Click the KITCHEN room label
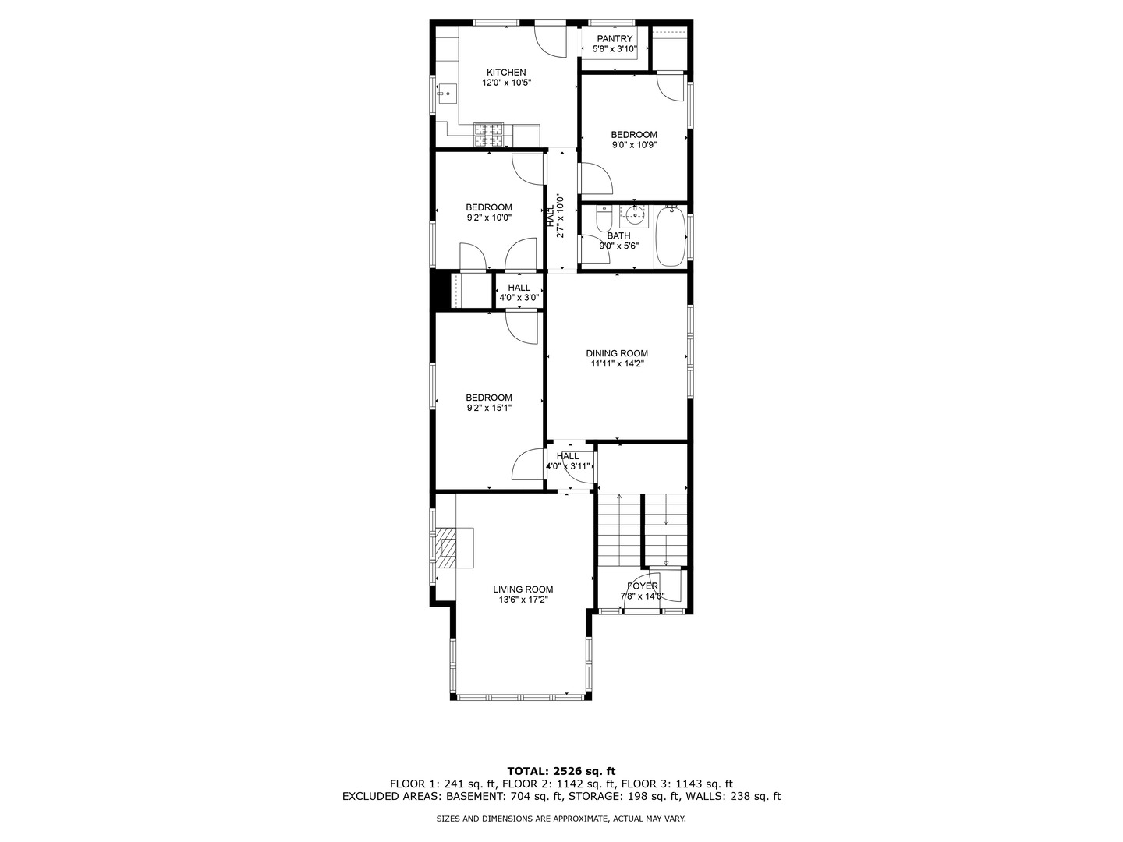pyautogui.click(x=506, y=73)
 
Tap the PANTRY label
pyautogui.click(x=615, y=39)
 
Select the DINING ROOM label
pyautogui.click(x=617, y=353)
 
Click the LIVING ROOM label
pyautogui.click(x=523, y=589)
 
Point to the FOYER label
pyautogui.click(x=642, y=586)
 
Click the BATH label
pyautogui.click(x=618, y=235)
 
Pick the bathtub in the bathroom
pyautogui.click(x=671, y=236)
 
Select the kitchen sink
pyautogui.click(x=447, y=94)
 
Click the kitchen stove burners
pyautogui.click(x=490, y=135)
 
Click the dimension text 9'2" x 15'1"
pyautogui.click(x=489, y=408)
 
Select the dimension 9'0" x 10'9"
pyautogui.click(x=633, y=144)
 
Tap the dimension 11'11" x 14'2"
pyautogui.click(x=617, y=363)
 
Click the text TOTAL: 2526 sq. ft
pyautogui.click(x=561, y=771)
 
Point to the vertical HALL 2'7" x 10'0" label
pyautogui.click(x=554, y=221)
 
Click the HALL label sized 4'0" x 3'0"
pyautogui.click(x=519, y=292)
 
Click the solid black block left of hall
pyautogui.click(x=441, y=290)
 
